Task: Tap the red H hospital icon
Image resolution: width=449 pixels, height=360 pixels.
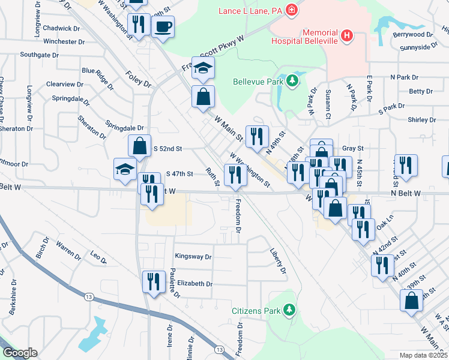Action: coord(346,36)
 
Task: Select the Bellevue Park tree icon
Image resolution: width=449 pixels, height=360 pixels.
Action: coord(292,80)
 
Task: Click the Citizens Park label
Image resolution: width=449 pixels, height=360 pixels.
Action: coord(256,311)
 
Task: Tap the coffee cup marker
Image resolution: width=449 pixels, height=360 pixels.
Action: coord(163,26)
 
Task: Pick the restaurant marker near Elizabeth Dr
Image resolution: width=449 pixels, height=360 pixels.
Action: coord(153,281)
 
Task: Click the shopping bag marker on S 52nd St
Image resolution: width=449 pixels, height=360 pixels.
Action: coord(139,146)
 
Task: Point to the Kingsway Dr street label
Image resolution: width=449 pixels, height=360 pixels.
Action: coord(193,256)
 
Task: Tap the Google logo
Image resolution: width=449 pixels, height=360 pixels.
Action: coord(20,353)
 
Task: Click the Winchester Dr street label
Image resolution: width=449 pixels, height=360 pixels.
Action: coord(60,42)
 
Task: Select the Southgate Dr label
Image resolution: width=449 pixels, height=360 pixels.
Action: coord(38,55)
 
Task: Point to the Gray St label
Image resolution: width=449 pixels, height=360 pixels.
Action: coord(353,148)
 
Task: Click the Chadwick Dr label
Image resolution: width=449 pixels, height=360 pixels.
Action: coord(62,28)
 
